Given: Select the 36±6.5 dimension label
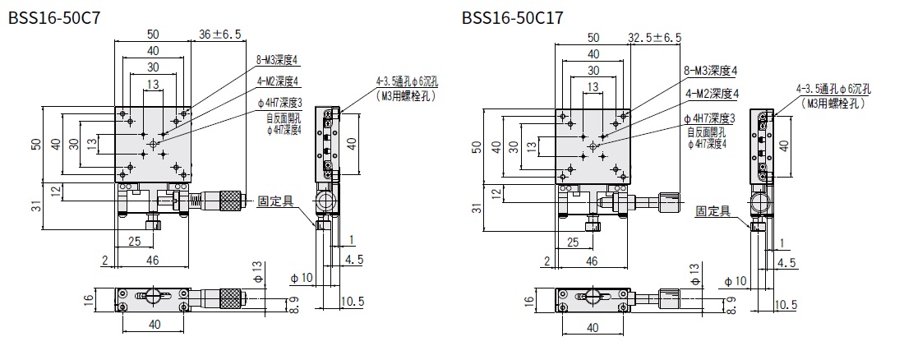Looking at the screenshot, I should pyautogui.click(x=221, y=35).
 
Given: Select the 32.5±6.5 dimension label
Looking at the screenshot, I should pyautogui.click(x=655, y=37).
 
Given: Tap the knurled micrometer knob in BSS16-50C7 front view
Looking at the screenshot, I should pyautogui.click(x=228, y=199).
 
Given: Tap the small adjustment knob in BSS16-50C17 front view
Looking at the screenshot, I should pyautogui.click(x=670, y=200).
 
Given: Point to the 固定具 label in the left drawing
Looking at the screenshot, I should pyautogui.click(x=273, y=201).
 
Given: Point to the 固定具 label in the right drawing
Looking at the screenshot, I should pyautogui.click(x=713, y=211).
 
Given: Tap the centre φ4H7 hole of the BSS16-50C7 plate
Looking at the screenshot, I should pyautogui.click(x=153, y=144).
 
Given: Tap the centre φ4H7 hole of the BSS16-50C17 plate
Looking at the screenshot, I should pyautogui.click(x=593, y=145).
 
